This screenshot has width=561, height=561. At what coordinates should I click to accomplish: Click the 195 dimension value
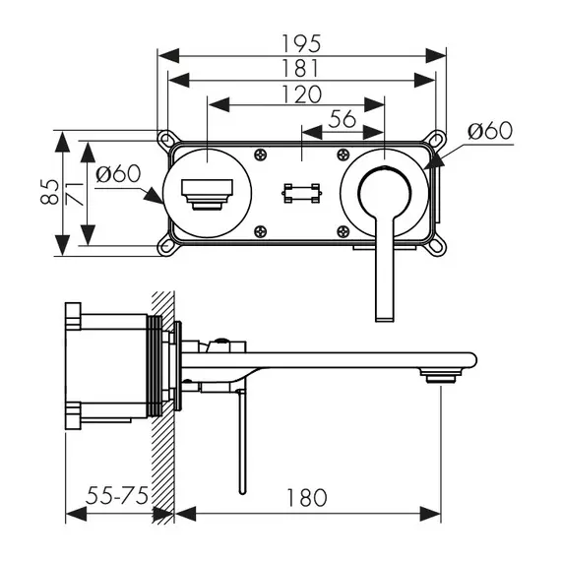(301, 43)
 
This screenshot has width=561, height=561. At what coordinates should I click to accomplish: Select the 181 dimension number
(300, 68)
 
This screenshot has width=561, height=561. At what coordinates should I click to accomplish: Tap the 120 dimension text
(301, 94)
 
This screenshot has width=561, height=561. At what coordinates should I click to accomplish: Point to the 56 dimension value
(343, 119)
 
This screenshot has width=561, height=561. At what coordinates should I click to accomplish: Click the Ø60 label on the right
(490, 131)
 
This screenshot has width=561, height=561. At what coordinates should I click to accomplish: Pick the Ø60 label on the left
(118, 174)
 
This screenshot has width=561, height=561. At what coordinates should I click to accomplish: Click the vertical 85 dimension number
(49, 192)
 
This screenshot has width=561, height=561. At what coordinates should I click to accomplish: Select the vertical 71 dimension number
(75, 194)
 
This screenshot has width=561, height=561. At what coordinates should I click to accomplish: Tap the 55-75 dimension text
(117, 496)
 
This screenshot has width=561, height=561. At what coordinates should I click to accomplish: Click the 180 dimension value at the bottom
(307, 498)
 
